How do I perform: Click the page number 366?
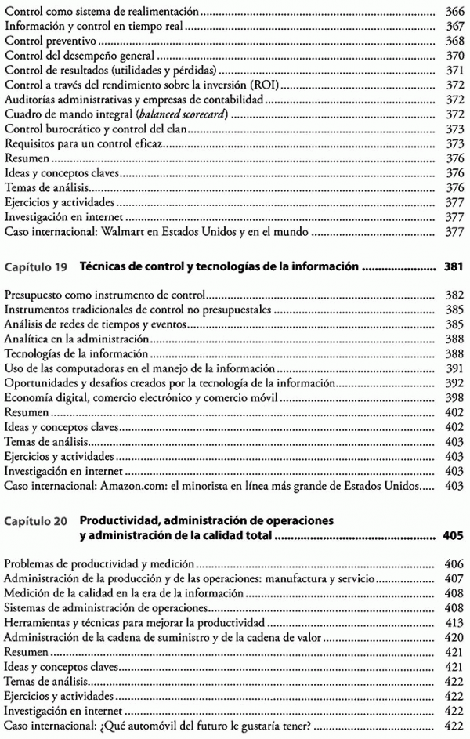coord(454,13)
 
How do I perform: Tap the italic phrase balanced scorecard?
coord(176,114)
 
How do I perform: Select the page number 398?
coord(454,398)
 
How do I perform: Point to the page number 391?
coord(454,368)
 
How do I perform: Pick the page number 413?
coord(454,622)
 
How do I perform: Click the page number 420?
coord(454,637)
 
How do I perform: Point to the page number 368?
coord(454,42)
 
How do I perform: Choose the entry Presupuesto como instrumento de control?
coord(104,295)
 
